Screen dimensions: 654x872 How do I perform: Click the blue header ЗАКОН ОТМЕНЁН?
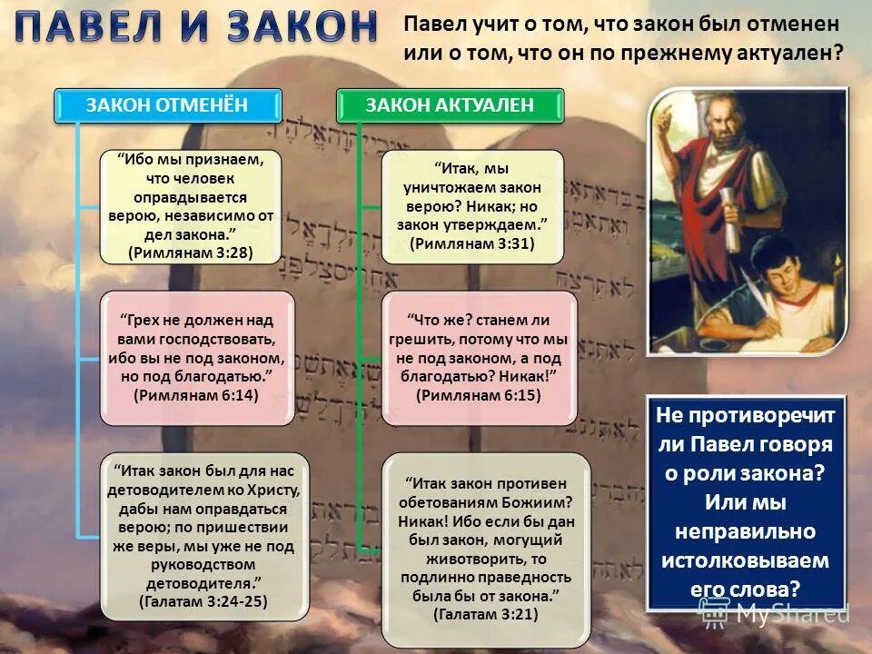166,105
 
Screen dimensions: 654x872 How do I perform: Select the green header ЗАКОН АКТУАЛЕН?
450,105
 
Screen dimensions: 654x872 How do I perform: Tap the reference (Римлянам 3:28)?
191,252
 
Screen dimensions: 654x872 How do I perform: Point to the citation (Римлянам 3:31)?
472,243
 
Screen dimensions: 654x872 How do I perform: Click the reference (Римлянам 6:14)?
196,395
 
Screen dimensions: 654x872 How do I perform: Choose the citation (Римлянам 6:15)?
479,395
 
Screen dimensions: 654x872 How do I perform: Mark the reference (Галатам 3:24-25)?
203,601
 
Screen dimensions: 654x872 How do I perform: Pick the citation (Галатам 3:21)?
486,614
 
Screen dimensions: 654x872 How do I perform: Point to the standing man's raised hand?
664,114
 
